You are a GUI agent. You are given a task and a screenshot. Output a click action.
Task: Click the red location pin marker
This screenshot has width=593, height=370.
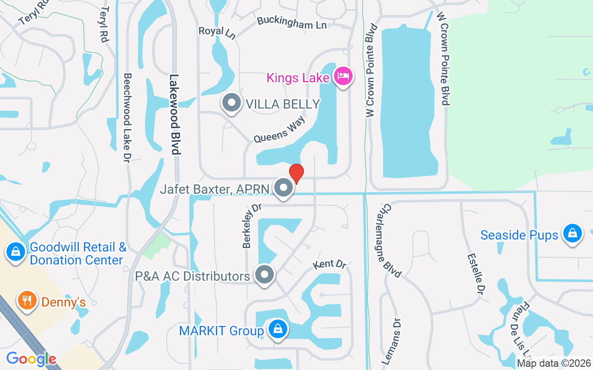tap(296, 173)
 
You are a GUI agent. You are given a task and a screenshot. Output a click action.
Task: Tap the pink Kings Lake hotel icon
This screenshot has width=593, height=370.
tap(343, 76)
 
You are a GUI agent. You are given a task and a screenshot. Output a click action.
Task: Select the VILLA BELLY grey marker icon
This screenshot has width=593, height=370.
tap(231, 103)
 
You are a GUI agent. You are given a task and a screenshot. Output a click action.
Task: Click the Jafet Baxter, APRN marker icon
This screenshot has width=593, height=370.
tap(284, 188)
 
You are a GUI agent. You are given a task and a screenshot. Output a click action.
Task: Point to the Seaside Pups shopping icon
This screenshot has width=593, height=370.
tap(573, 233)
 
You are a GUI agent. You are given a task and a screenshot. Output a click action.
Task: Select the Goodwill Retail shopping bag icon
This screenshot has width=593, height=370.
tap(16, 252)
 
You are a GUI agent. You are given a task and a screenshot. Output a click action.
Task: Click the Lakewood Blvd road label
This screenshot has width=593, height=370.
tap(175, 114)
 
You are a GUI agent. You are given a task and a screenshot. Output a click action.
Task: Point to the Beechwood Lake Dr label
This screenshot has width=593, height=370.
tap(127, 117)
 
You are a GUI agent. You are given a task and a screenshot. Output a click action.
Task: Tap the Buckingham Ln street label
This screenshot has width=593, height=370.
tap(291, 23)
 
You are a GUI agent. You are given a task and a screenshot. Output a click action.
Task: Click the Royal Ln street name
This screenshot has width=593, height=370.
tap(217, 32)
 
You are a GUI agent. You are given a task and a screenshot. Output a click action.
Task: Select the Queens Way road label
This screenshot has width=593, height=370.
tap(279, 129)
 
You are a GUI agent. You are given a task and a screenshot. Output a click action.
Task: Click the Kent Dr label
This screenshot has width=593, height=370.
tap(329, 265)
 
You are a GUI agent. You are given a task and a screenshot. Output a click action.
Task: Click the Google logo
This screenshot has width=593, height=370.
tap(31, 358)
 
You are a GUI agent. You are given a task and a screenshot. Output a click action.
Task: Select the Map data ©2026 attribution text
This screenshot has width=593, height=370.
tap(554, 364)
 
